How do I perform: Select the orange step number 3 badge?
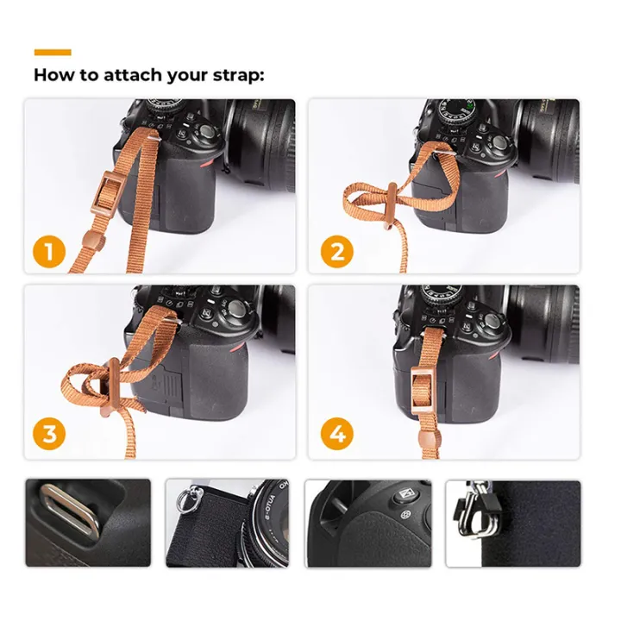coord(49,433)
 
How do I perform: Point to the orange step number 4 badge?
coord(337,433)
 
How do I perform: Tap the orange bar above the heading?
coord(53,52)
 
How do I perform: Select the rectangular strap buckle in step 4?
coord(423,380)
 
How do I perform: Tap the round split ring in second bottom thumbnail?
coord(185,499)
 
